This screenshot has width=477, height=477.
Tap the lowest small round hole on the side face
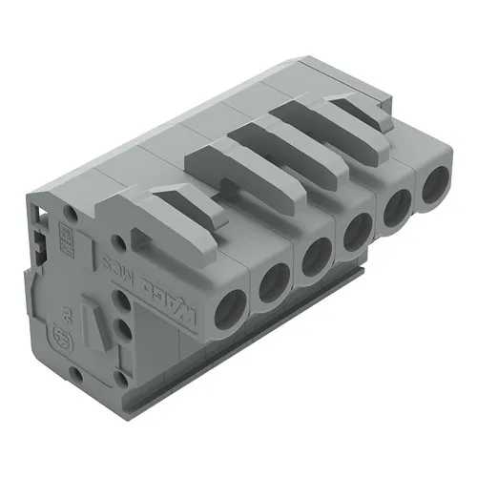pyautogui.click(x=123, y=335)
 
